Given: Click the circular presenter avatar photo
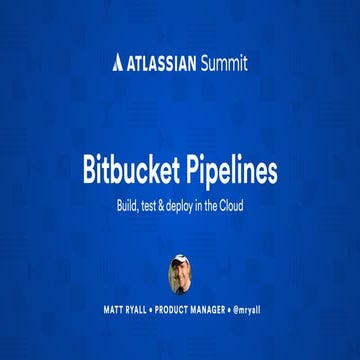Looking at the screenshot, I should (x=180, y=273).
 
